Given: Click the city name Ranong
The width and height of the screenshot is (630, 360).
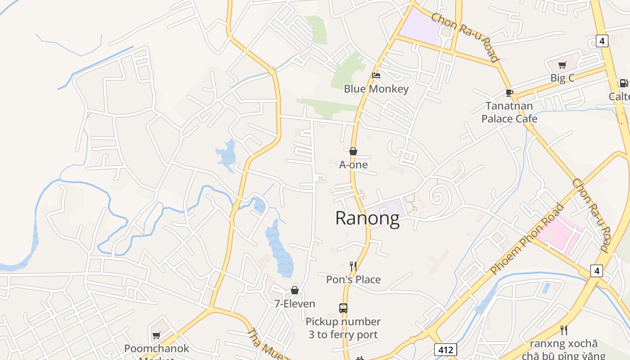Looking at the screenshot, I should [x=367, y=219].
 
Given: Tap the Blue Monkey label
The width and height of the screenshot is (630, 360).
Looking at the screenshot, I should [x=376, y=89].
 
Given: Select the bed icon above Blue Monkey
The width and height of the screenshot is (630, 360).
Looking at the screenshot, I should [x=376, y=76].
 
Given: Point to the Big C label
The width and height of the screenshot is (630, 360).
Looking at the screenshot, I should [x=562, y=78].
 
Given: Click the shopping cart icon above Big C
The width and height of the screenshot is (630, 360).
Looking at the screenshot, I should [x=562, y=65].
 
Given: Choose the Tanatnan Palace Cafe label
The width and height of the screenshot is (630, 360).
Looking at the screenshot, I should [x=509, y=112].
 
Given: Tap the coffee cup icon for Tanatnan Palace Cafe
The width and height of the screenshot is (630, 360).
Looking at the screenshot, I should [x=509, y=93].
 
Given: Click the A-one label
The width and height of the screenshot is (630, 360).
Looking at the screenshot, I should [x=353, y=165].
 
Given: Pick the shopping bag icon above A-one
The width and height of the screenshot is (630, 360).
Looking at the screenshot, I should [x=353, y=151].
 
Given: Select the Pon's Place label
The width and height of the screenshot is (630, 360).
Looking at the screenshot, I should [x=353, y=279].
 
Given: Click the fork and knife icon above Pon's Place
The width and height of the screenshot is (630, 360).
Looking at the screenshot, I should [x=353, y=266].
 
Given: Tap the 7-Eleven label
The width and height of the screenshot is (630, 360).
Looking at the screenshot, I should [x=295, y=304].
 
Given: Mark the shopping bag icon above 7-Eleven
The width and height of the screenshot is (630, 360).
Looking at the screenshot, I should [x=295, y=290].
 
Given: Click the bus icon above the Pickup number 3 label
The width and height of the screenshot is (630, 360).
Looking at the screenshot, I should [x=343, y=308].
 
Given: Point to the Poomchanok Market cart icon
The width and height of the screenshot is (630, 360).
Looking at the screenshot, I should [x=156, y=335].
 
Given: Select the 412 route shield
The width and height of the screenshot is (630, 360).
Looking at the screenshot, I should [x=445, y=350].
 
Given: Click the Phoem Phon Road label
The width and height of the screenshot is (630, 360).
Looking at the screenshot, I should [x=527, y=240].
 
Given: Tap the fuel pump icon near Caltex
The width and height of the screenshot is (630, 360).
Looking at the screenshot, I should [x=624, y=83].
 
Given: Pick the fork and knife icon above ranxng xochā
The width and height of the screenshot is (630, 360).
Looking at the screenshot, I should [x=563, y=330].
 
